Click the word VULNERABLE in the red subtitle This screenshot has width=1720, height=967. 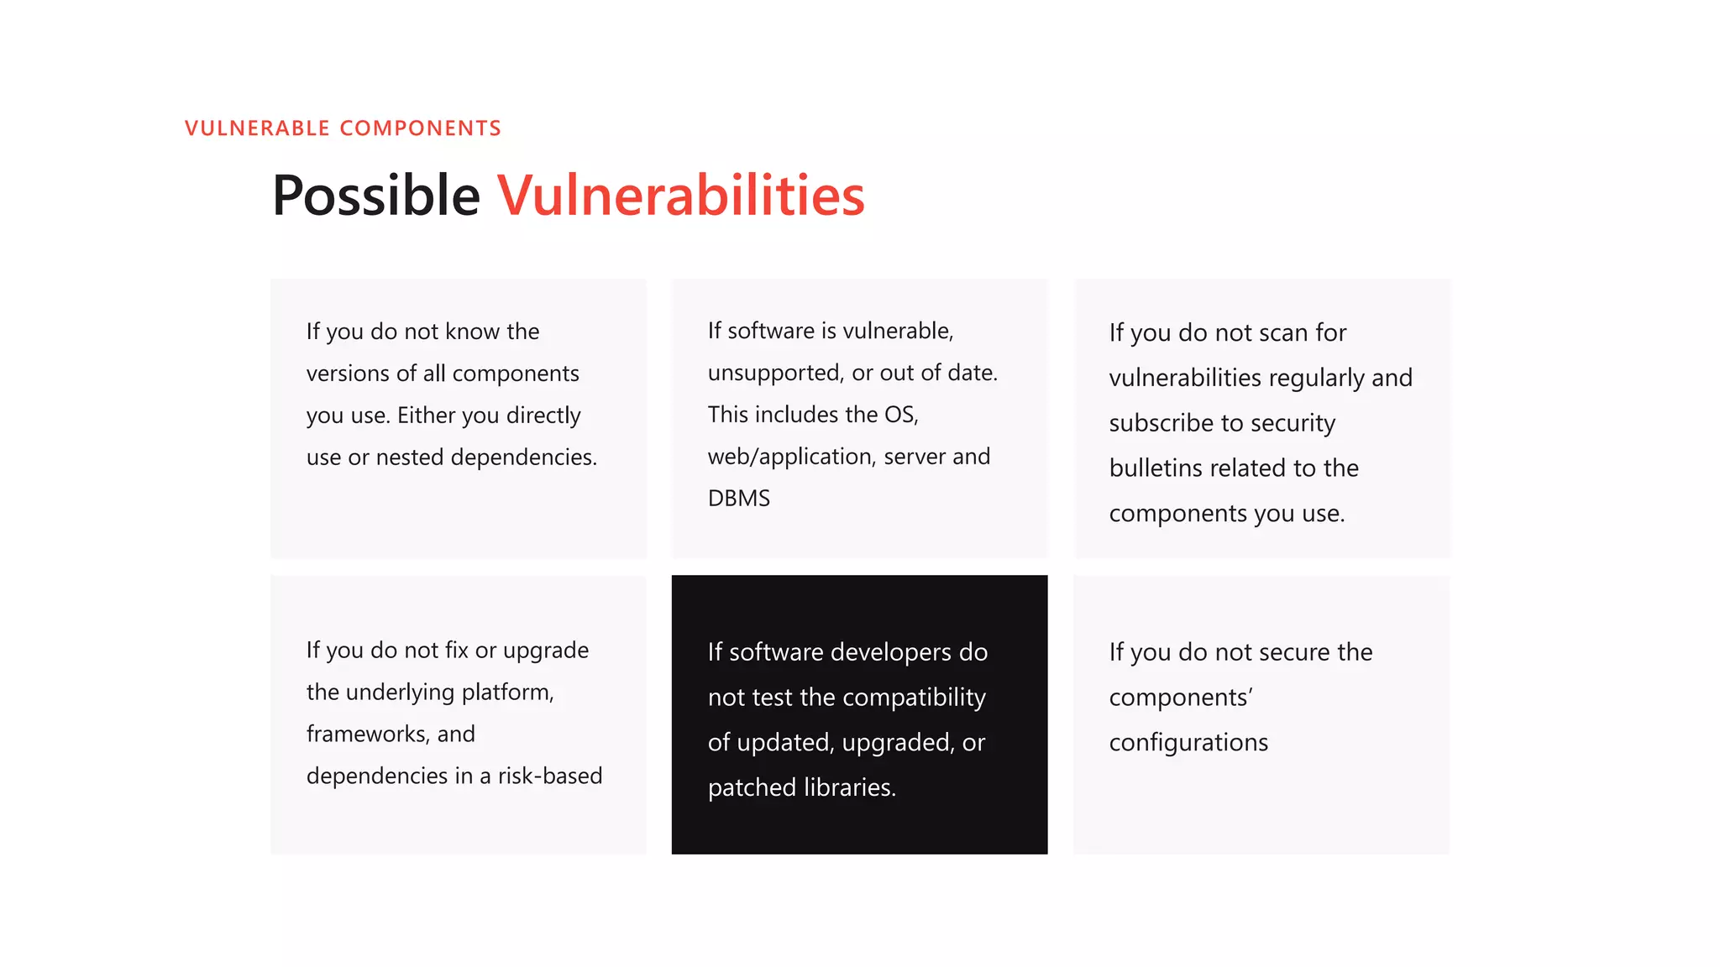[257, 128]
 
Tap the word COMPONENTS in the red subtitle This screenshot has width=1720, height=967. [420, 128]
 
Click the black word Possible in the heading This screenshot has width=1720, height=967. [375, 196]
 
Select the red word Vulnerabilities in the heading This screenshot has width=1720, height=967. [680, 196]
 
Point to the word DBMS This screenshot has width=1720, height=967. [738, 499]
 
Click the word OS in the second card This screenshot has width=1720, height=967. [899, 415]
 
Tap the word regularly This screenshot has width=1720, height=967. [1316, 378]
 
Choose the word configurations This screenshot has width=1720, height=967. [1188, 743]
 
